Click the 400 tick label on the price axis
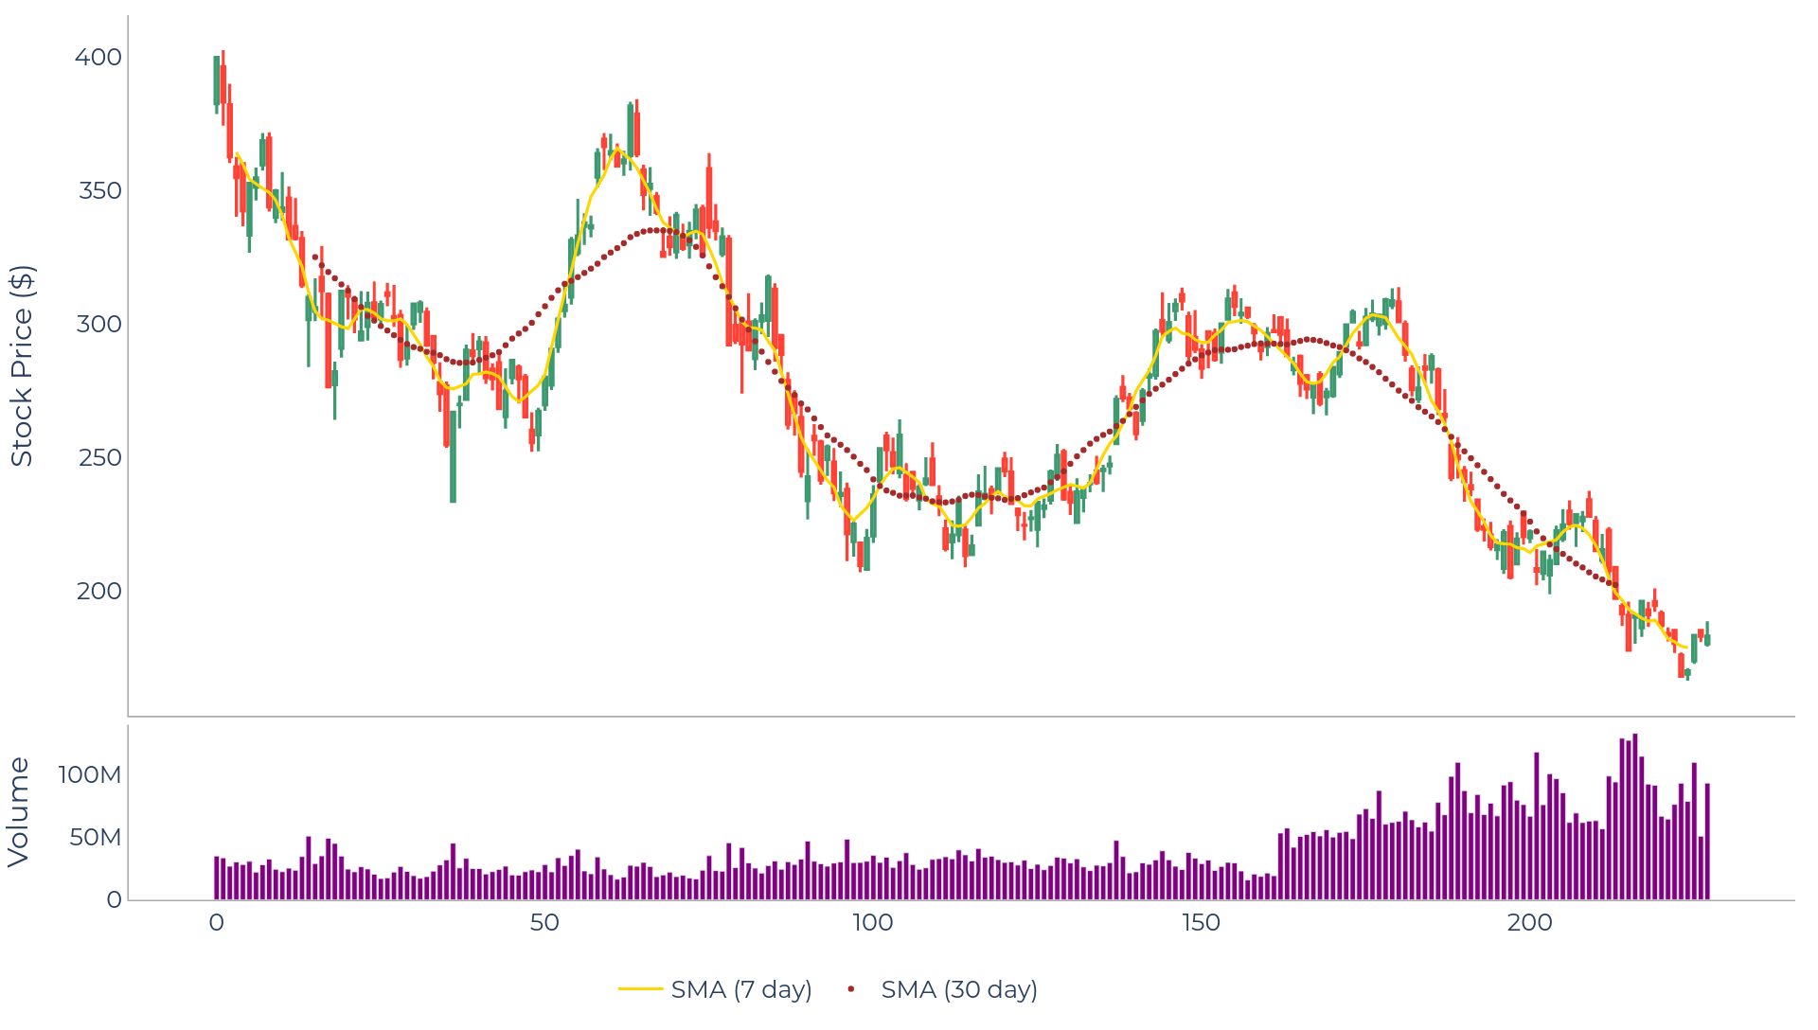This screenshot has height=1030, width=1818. tap(98, 58)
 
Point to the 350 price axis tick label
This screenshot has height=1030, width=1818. tap(100, 191)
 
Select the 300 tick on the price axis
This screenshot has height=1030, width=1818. tap(100, 325)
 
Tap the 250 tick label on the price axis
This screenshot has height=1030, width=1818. tap(100, 458)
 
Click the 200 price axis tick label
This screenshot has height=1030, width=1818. tap(99, 592)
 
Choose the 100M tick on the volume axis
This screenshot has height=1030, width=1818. tap(90, 775)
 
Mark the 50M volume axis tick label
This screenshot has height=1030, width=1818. tap(95, 838)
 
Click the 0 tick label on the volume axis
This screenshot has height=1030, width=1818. tap(114, 900)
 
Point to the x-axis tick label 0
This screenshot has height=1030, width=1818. tap(217, 923)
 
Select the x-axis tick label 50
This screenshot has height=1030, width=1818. tap(544, 923)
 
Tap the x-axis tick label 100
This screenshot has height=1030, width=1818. tap(872, 923)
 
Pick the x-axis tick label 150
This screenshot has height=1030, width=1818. tap(1201, 923)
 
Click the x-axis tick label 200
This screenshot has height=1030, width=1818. tap(1529, 923)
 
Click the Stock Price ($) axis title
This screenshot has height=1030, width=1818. tap(22, 365)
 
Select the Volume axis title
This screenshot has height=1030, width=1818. tap(19, 812)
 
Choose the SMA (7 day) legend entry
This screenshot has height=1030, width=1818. tap(716, 989)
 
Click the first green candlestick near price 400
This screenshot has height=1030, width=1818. tap(216, 80)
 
